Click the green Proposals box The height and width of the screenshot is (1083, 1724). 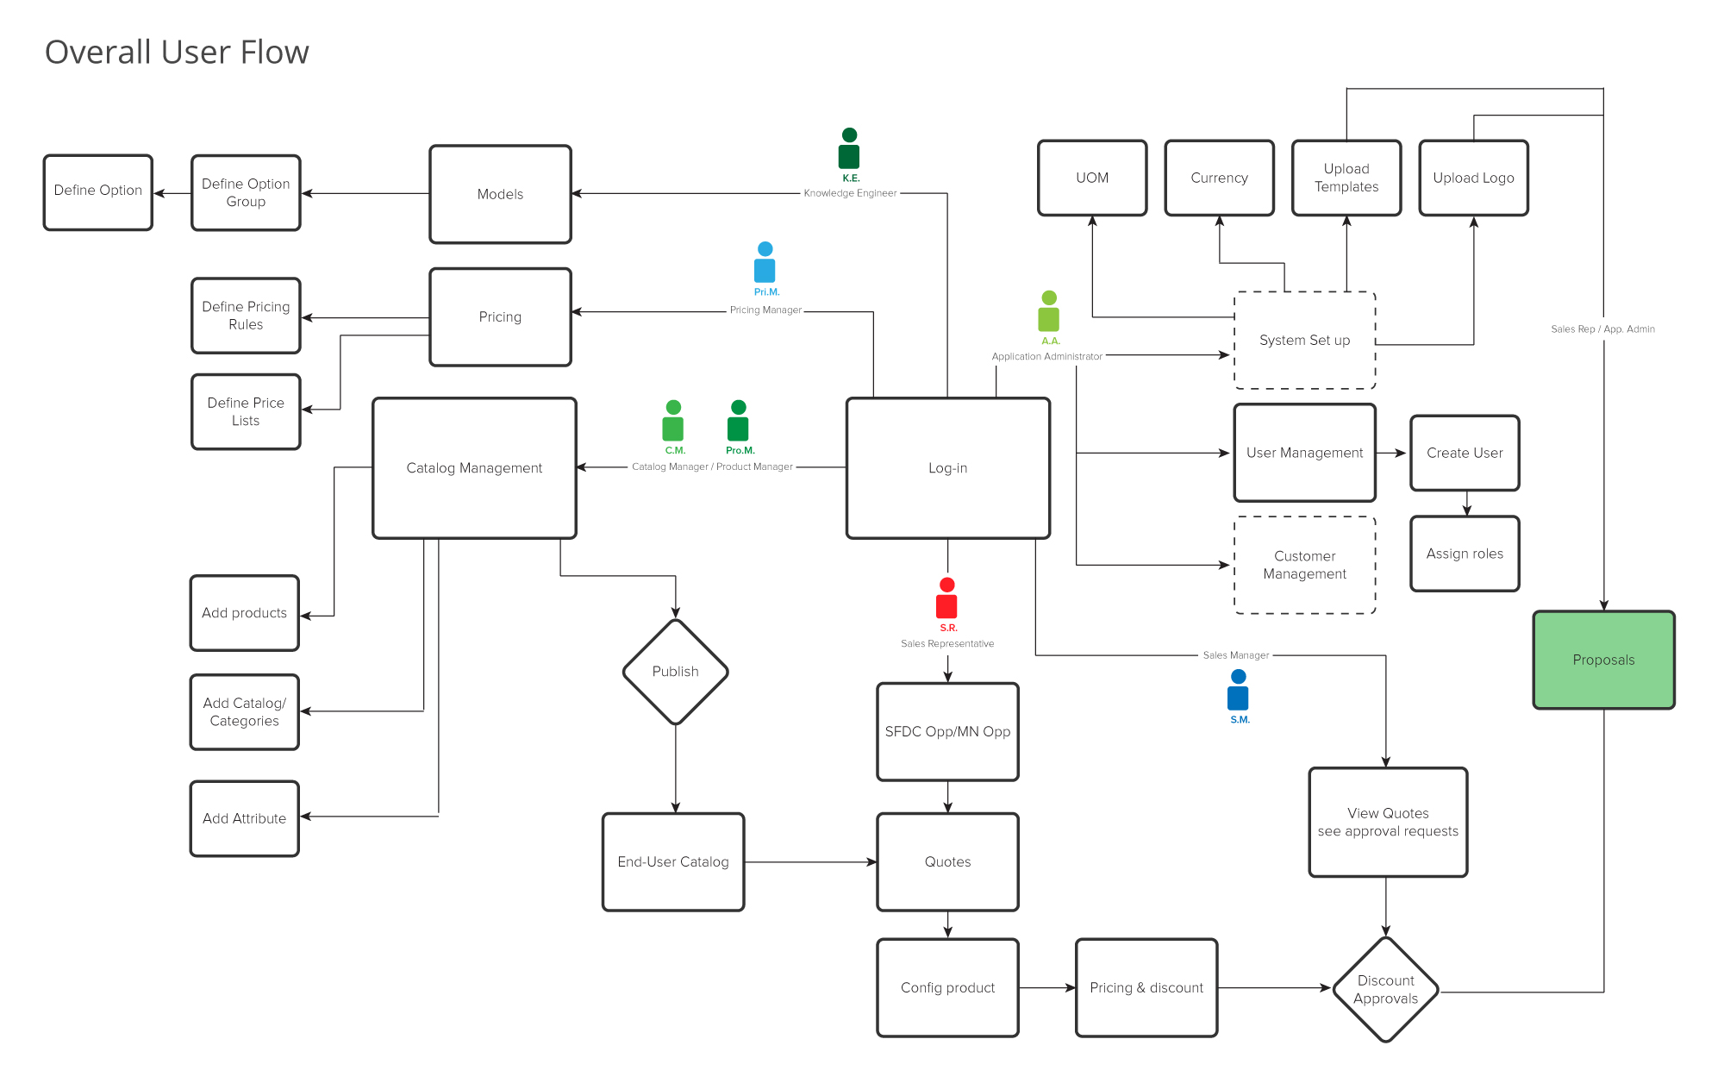[1603, 660]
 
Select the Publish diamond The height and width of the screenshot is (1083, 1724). [675, 672]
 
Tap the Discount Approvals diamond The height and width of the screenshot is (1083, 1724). [1385, 989]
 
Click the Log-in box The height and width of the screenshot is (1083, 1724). [947, 468]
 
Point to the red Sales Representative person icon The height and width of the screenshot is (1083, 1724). [946, 598]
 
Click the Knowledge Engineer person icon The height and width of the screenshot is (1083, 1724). [849, 148]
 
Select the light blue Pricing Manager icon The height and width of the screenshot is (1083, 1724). [765, 262]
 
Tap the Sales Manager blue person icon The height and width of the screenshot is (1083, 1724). [1238, 690]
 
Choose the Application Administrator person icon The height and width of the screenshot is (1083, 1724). [1048, 311]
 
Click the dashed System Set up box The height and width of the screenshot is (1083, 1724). [1304, 341]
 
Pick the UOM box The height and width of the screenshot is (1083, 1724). [1092, 178]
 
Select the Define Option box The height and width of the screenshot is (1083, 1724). [97, 191]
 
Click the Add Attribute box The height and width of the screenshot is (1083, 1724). [244, 818]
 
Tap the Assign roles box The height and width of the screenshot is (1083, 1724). [1464, 554]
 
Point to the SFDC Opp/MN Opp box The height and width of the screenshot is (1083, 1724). [947, 732]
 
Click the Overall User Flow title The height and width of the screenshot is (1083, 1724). [177, 53]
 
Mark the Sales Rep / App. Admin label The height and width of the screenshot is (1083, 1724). [1602, 329]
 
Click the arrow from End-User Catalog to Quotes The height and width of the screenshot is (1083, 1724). [810, 861]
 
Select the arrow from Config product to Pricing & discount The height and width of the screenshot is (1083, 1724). [1047, 987]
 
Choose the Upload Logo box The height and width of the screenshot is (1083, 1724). [1473, 178]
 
